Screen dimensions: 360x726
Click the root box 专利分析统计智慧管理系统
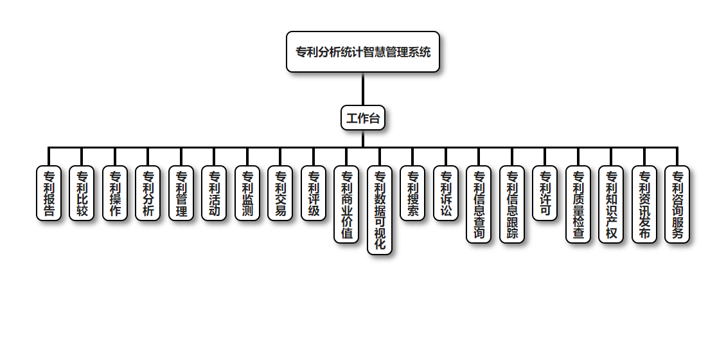363,51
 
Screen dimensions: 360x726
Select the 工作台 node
363,118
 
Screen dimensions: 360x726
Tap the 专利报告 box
49,193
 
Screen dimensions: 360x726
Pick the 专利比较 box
82,193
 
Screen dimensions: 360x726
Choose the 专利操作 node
115,193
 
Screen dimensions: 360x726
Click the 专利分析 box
148,193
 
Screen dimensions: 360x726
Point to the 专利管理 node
181,193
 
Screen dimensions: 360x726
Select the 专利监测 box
247,193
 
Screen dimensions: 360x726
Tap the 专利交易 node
280,193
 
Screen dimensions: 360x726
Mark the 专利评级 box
314,193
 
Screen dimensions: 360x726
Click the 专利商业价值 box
346,204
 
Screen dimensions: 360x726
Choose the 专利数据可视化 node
380,210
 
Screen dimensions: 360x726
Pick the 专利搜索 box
412,193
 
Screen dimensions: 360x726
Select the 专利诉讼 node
446,193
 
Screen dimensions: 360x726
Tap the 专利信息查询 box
479,204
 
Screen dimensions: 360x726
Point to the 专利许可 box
545,193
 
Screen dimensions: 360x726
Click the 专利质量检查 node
578,204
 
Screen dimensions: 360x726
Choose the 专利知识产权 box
611,204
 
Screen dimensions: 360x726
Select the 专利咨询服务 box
677,204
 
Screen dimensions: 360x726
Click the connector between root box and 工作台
363,89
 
